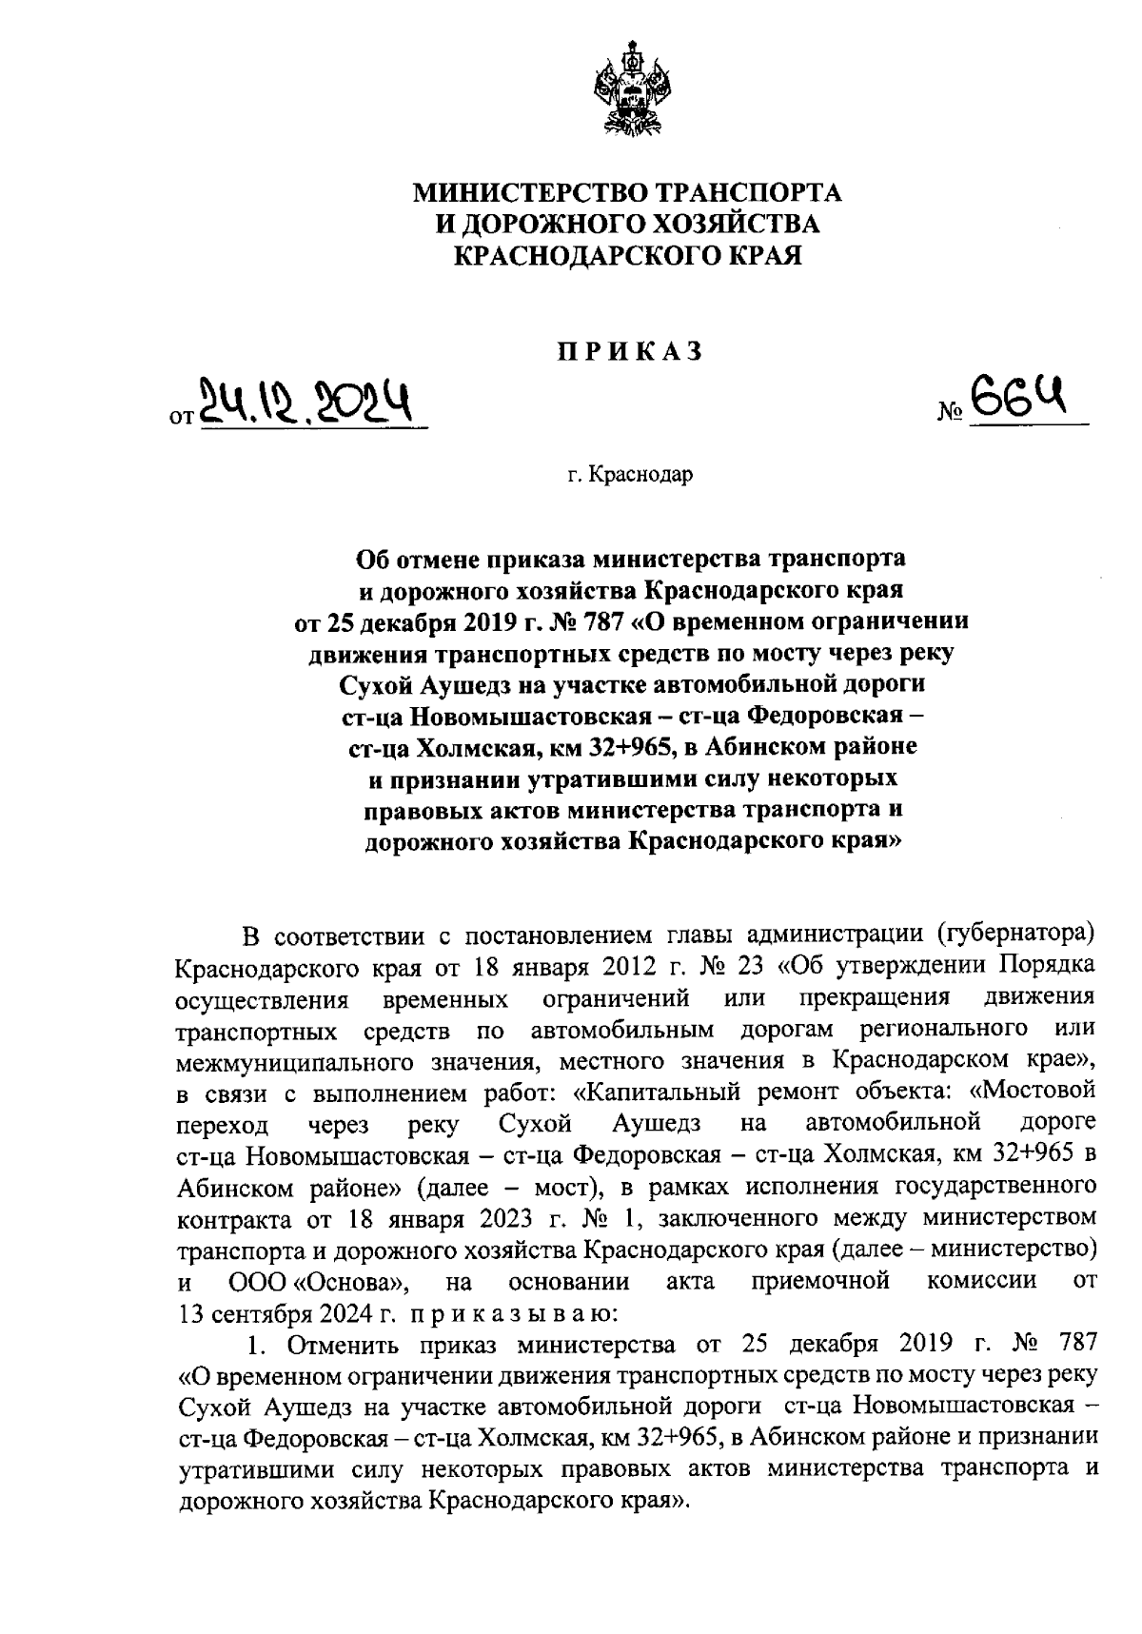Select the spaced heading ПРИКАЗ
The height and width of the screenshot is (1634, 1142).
[628, 352]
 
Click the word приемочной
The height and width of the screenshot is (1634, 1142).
[820, 1280]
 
